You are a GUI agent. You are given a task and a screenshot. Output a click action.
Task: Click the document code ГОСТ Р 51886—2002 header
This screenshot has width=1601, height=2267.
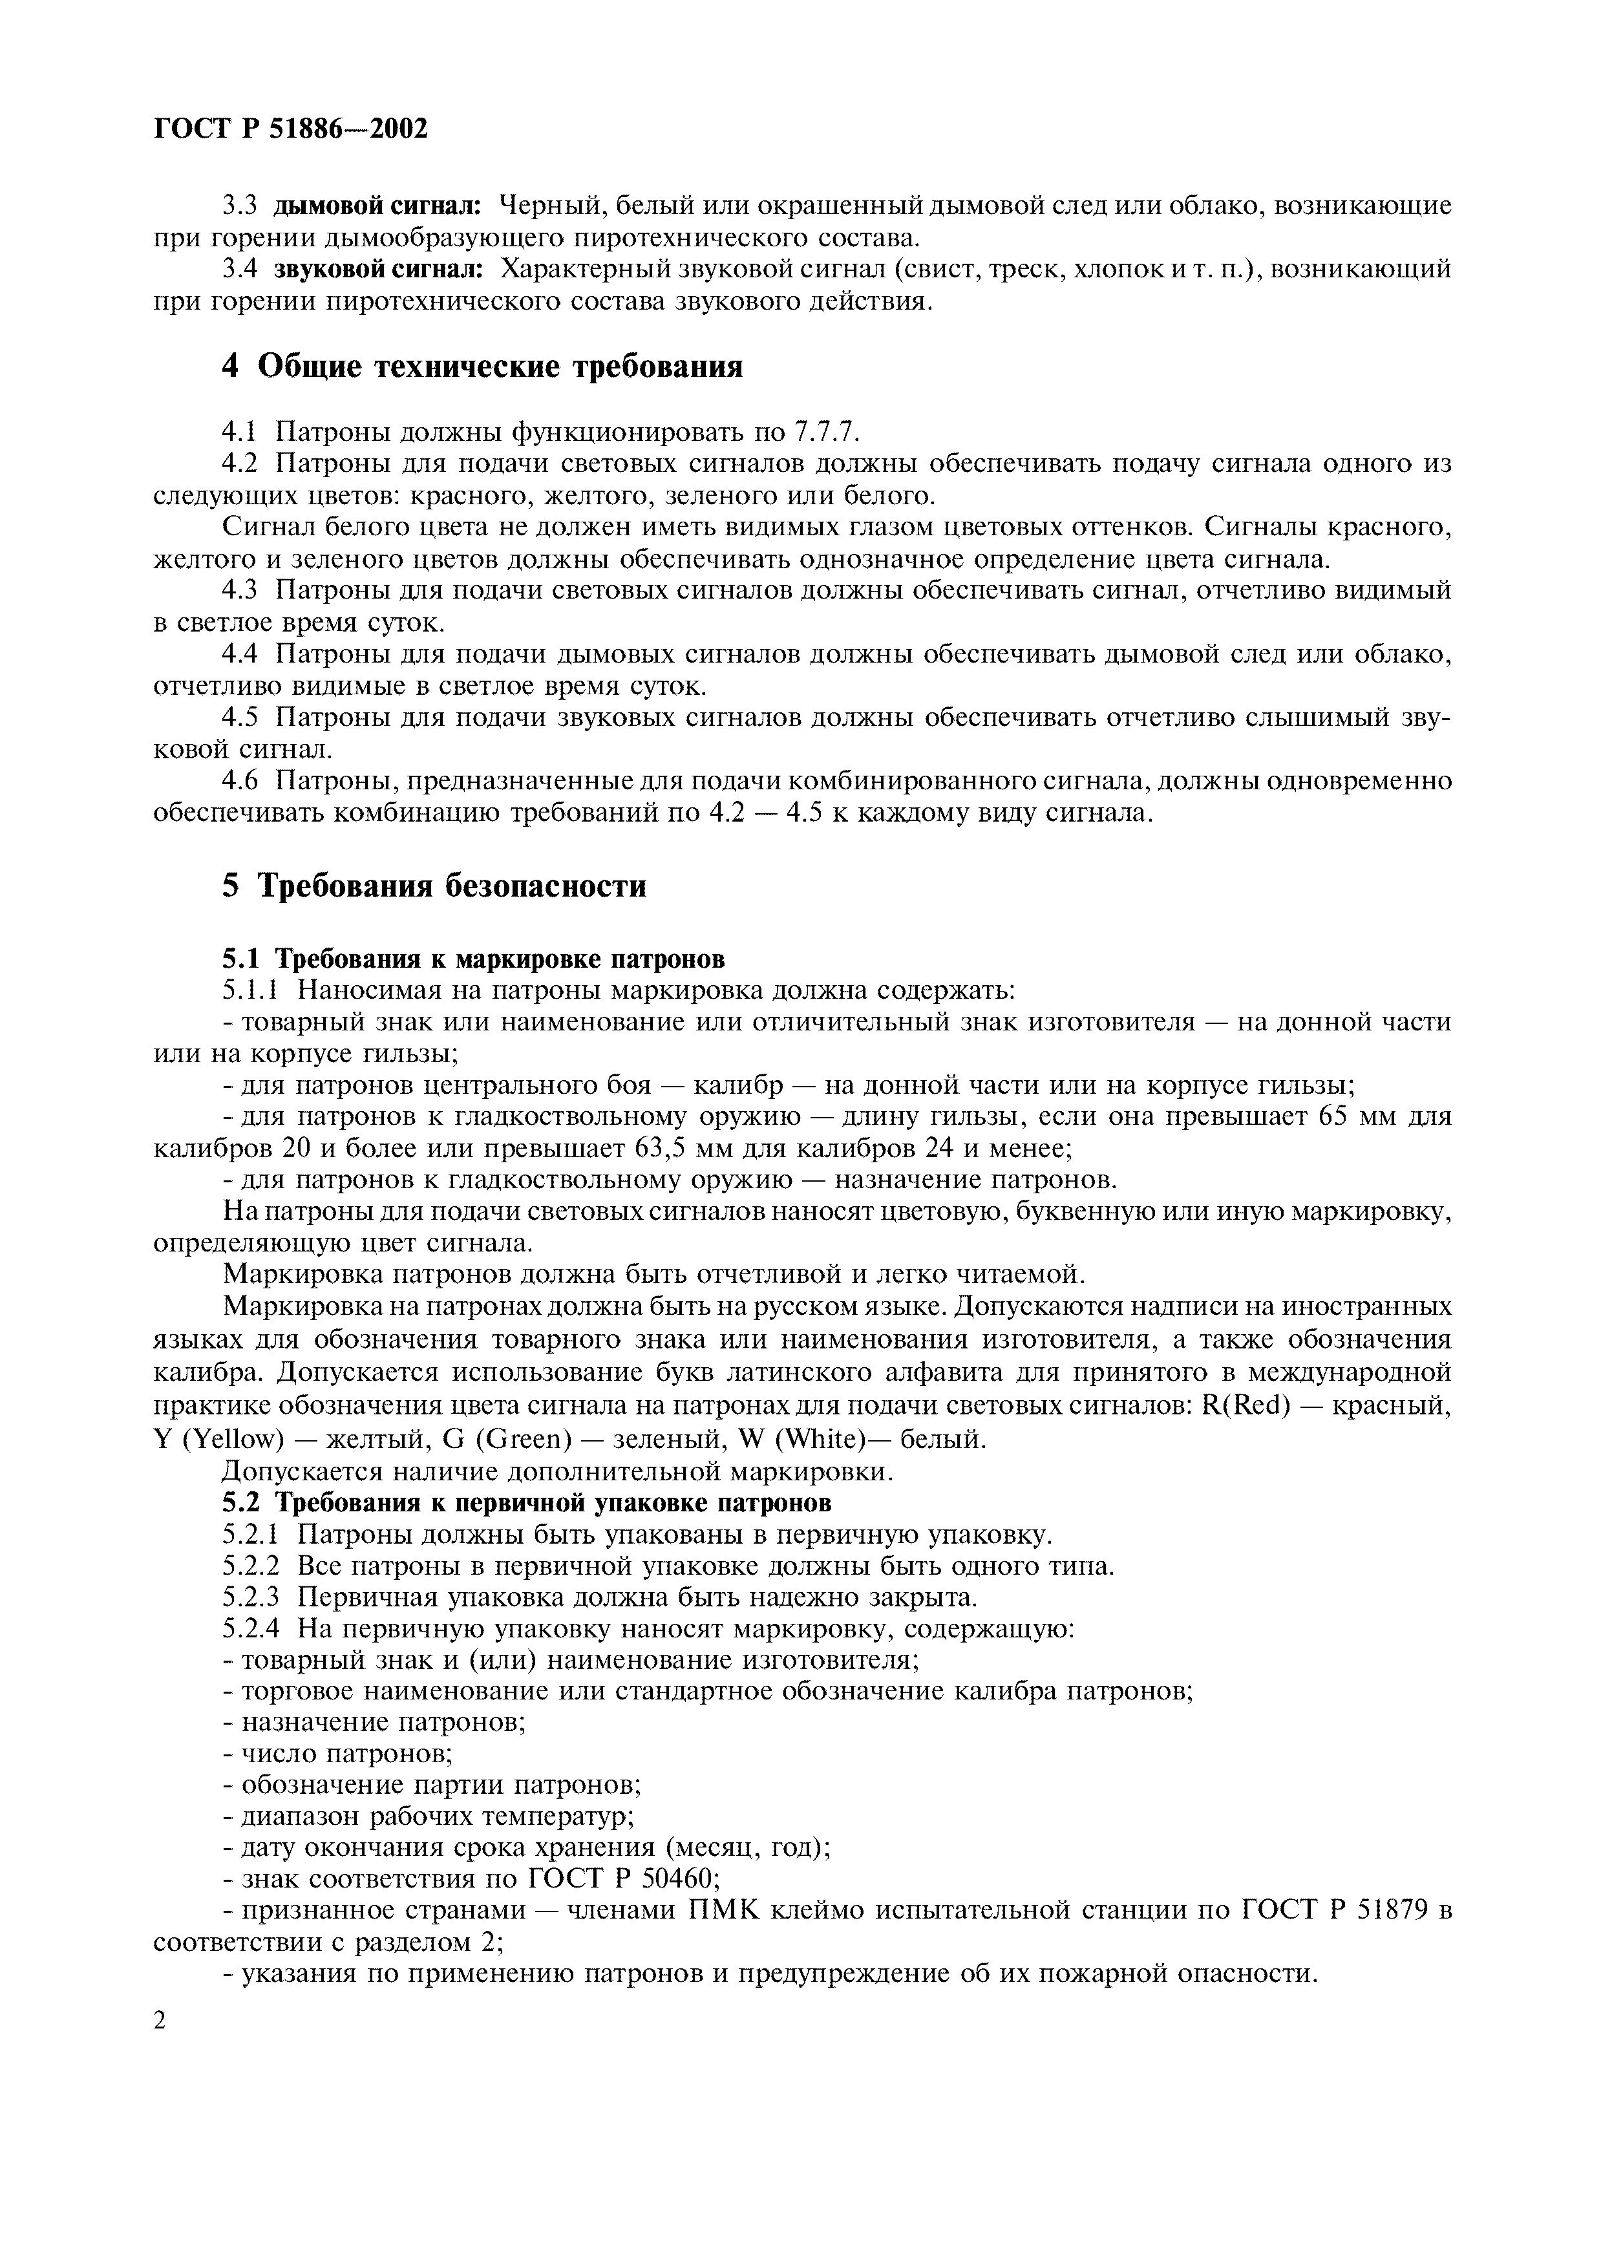[x=292, y=129]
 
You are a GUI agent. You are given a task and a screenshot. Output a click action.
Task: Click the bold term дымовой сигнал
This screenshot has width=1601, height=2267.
[x=377, y=206]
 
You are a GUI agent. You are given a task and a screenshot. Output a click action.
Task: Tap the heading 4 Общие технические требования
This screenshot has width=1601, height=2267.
[x=482, y=367]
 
